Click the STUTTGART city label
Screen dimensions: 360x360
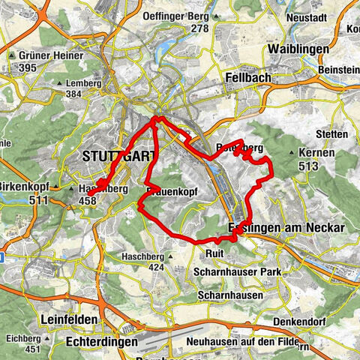click(117, 157)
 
